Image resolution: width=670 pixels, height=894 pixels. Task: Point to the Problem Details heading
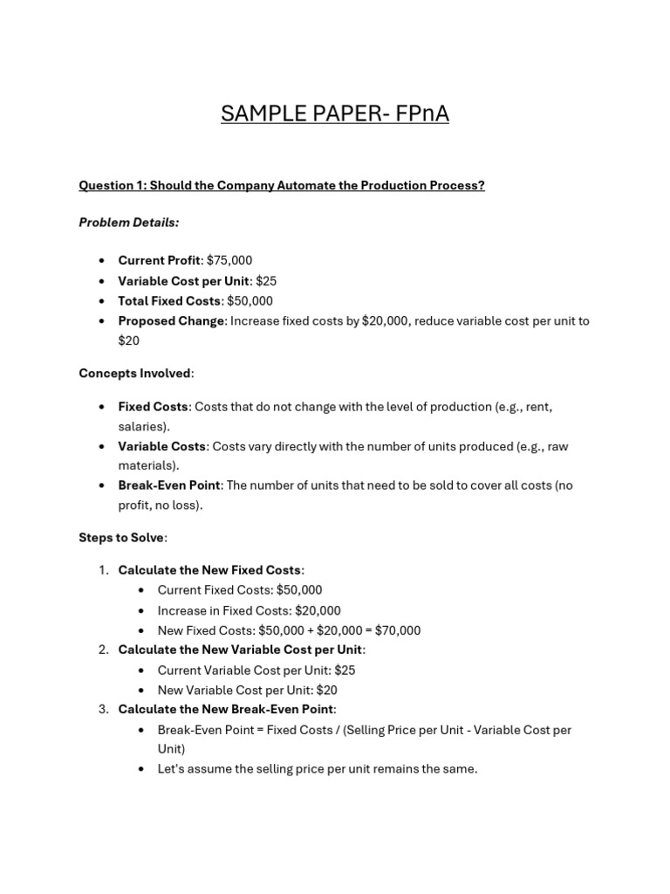point(128,223)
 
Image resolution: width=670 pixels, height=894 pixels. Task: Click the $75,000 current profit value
point(229,261)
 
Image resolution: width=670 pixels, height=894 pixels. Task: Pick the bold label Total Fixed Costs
point(169,301)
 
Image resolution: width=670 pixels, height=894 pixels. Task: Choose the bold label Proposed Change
point(171,320)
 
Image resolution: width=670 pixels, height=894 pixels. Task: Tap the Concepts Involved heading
point(134,374)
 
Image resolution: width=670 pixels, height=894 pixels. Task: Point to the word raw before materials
point(557,446)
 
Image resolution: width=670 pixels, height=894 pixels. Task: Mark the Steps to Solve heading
point(121,538)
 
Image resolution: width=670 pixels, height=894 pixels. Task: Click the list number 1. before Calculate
point(103,570)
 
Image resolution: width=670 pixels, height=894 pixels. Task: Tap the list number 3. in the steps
point(103,709)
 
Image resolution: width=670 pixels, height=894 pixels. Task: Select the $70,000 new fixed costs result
point(397,630)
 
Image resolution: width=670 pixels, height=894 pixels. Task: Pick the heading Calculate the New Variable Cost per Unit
point(240,650)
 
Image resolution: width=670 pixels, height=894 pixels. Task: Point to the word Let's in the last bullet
point(173,769)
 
